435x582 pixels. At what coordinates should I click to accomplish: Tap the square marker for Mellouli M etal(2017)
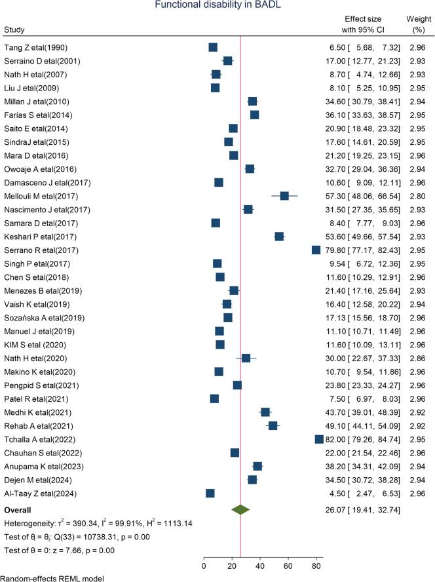[284, 196]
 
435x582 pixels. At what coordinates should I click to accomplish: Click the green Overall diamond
[241, 509]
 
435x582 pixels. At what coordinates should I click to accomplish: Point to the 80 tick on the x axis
[316, 562]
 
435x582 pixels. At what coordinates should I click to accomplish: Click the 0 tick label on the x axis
[204, 562]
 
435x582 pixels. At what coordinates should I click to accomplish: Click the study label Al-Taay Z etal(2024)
[41, 494]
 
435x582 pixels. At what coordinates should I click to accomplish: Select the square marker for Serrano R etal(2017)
[316, 250]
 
